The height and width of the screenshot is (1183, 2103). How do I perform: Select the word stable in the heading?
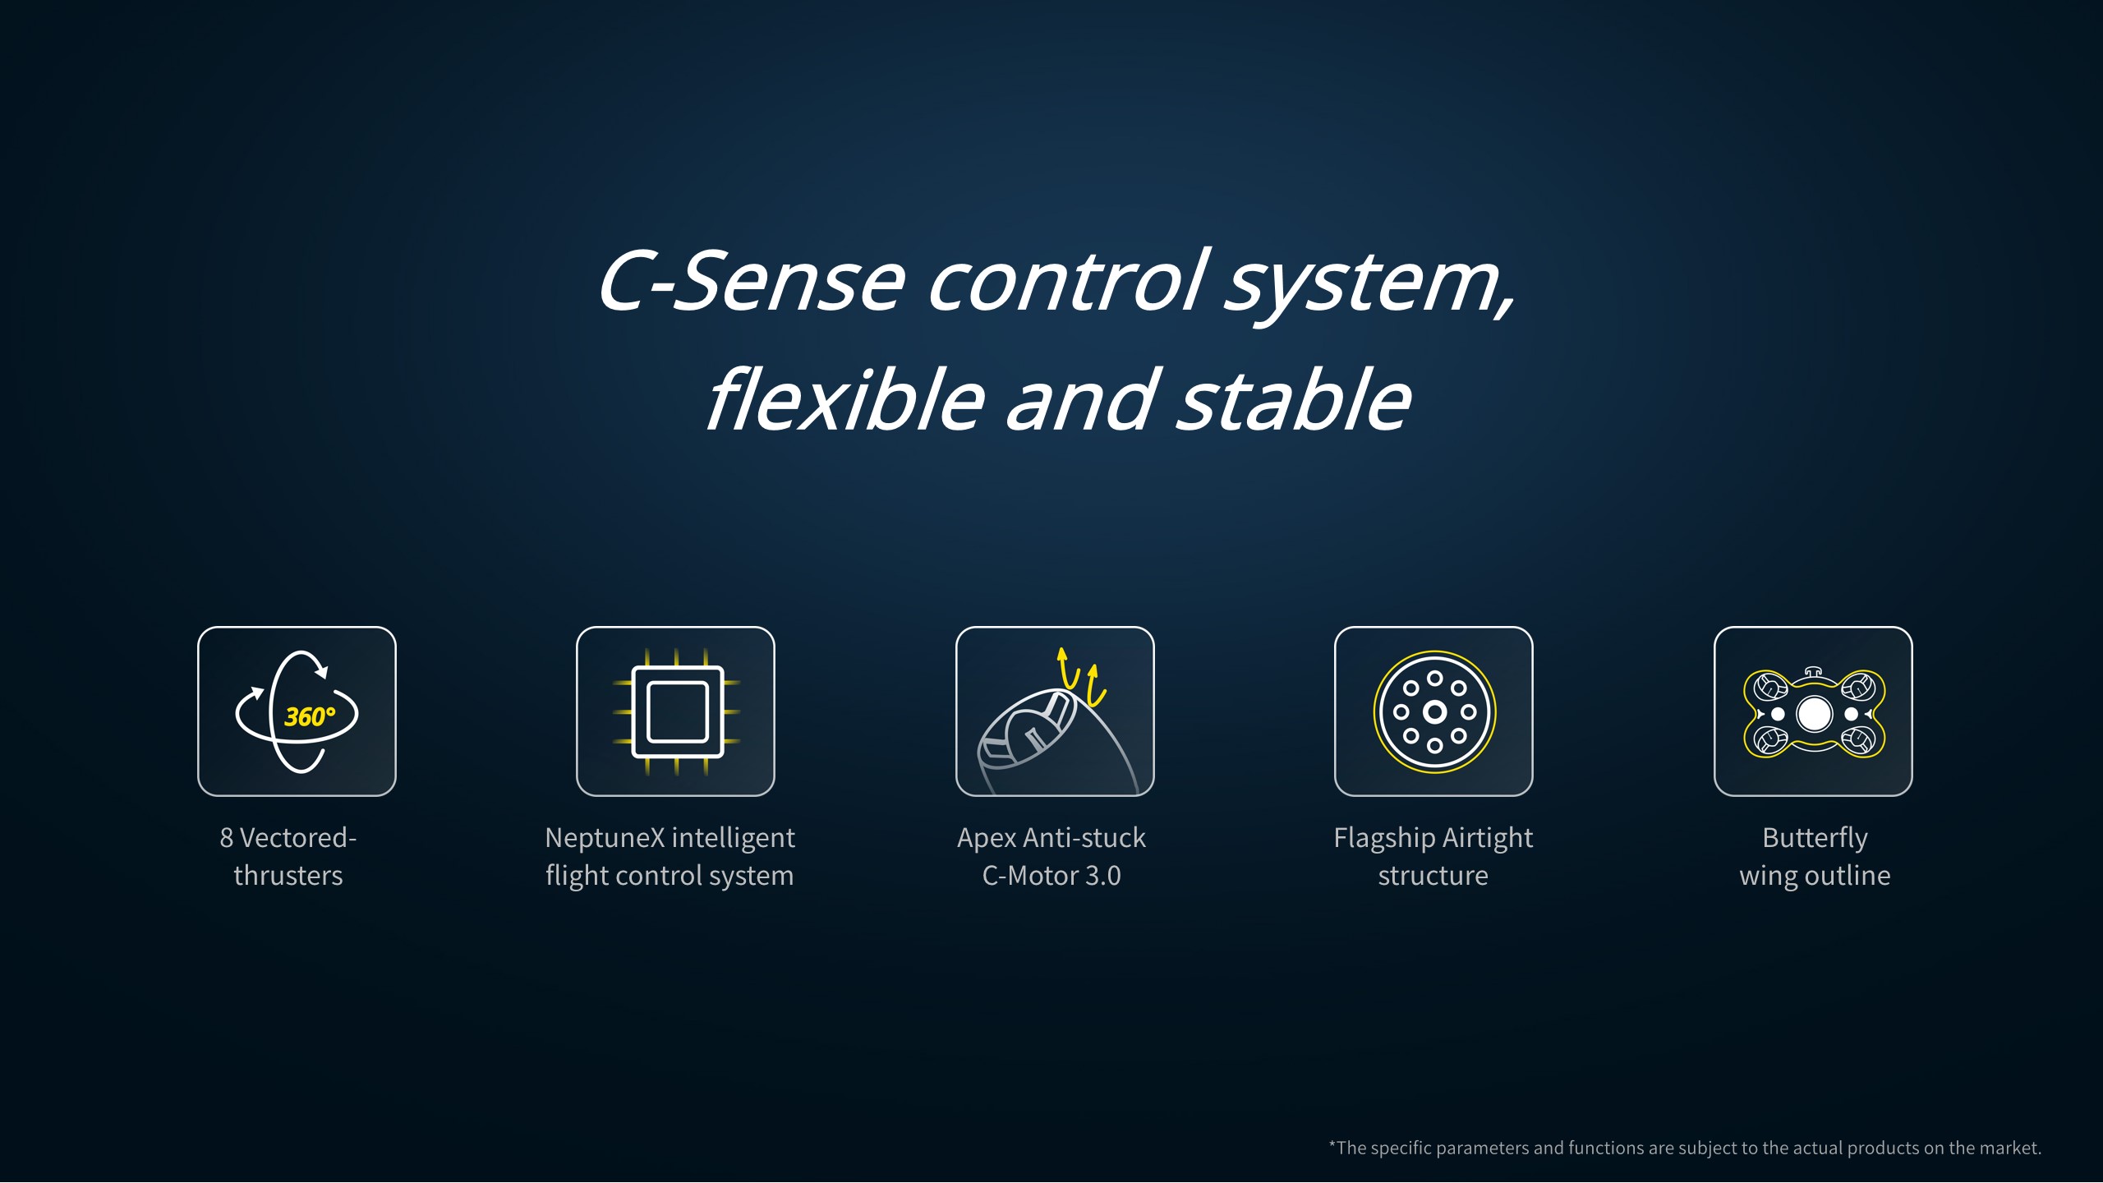click(x=1295, y=400)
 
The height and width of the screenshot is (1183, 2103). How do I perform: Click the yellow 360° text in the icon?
click(x=310, y=717)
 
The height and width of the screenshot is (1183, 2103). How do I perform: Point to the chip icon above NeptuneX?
click(x=675, y=711)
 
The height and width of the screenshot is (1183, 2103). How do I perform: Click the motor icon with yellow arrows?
click(x=1055, y=720)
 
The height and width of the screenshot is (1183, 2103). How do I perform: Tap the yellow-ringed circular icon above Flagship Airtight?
click(x=1434, y=711)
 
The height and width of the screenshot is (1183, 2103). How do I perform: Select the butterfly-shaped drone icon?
click(x=1814, y=712)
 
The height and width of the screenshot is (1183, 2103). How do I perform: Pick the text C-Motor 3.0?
click(x=1051, y=876)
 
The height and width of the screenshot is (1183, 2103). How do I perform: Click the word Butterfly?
click(x=1815, y=839)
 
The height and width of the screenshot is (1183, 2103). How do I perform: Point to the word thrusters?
click(x=288, y=876)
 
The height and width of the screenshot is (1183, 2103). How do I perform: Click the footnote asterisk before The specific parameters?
click(x=1332, y=1144)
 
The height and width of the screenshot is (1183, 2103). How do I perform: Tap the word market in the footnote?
click(x=2010, y=1148)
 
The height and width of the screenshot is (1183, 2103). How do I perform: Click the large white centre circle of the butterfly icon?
click(x=1814, y=714)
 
